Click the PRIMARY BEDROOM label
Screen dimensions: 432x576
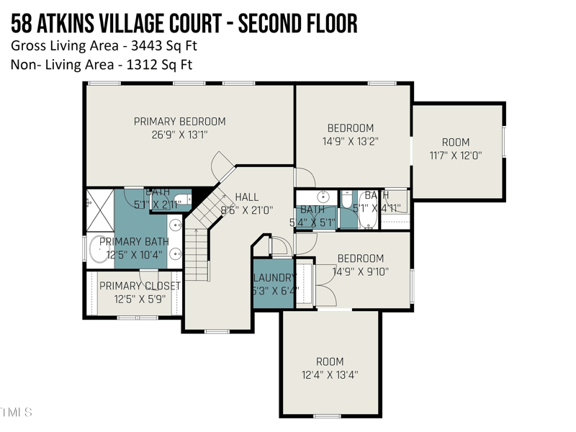click(179, 121)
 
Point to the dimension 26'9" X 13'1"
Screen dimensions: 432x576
click(179, 134)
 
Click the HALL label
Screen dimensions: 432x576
click(247, 197)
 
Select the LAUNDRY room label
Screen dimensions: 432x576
click(274, 278)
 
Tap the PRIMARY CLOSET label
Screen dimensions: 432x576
click(140, 286)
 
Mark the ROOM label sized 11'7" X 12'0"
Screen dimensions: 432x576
click(455, 142)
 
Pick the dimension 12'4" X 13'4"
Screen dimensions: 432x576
click(330, 374)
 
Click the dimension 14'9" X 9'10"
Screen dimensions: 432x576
click(361, 271)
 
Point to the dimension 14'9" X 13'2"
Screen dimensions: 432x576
click(351, 142)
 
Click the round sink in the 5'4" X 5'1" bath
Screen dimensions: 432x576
click(323, 196)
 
